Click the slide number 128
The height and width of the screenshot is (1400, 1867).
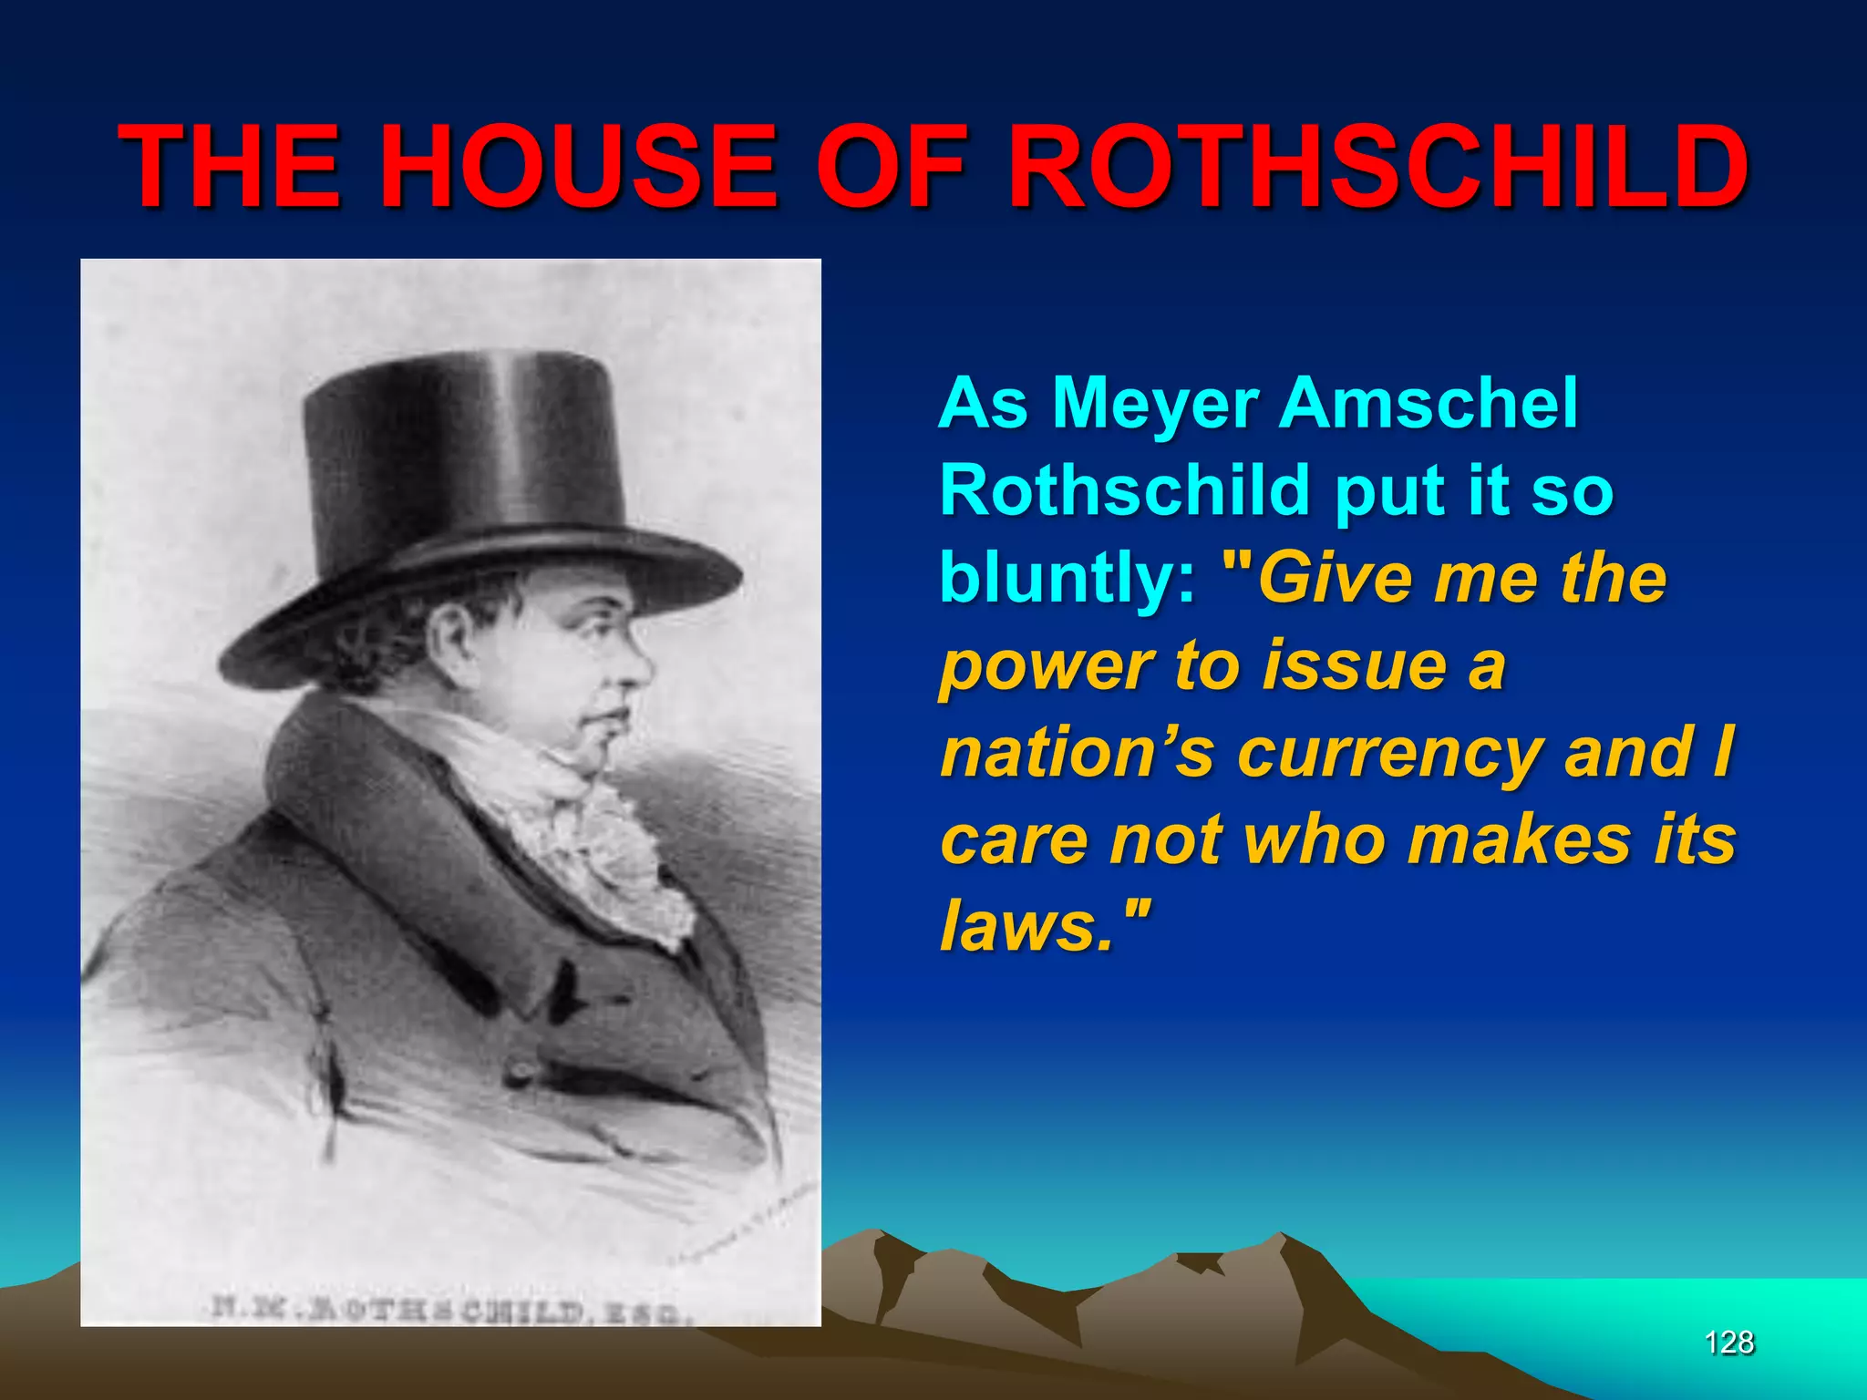1728,1343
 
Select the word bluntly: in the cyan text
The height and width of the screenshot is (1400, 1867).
1067,580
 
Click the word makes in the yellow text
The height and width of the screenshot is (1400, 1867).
1518,840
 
